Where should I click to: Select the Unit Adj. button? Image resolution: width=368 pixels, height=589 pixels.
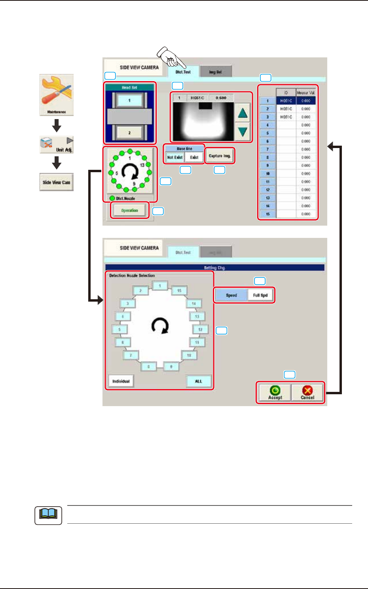point(57,145)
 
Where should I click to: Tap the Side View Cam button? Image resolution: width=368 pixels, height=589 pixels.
point(57,182)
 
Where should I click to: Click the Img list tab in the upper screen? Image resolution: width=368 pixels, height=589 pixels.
point(216,72)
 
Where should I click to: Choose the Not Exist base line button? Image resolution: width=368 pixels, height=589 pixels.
point(175,157)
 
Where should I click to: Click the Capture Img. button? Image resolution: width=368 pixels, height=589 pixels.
point(220,156)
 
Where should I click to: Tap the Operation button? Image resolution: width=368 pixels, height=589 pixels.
point(129,211)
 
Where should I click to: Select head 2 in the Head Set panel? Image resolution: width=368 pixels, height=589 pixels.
point(129,133)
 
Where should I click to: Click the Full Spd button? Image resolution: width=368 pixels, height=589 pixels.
point(260,295)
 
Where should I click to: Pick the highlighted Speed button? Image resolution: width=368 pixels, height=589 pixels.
point(231,295)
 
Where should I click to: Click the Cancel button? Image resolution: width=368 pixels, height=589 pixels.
point(307,393)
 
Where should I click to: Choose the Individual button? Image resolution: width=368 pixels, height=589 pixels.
point(121,381)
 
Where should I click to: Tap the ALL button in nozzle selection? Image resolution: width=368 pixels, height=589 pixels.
point(199,381)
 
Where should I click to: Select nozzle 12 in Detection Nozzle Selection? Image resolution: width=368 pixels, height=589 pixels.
point(200,329)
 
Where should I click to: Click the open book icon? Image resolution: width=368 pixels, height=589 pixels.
point(48,515)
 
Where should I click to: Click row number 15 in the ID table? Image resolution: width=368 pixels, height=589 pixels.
point(268,214)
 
